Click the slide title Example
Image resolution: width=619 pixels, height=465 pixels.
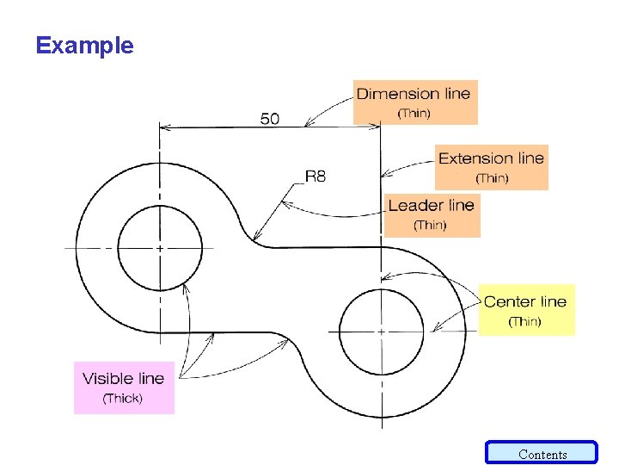(85, 46)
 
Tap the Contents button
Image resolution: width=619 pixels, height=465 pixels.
(542, 454)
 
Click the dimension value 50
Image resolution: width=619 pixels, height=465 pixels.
(270, 118)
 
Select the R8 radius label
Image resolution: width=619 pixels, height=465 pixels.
(316, 177)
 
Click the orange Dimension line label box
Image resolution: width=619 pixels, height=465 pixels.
(414, 102)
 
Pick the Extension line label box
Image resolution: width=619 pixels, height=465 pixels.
(491, 167)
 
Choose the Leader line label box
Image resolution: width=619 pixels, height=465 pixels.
(431, 214)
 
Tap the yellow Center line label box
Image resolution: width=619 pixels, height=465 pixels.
(525, 310)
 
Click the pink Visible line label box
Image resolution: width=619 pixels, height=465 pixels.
(124, 387)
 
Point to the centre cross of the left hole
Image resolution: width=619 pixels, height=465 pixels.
(160, 248)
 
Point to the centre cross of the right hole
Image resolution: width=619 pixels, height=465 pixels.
(381, 331)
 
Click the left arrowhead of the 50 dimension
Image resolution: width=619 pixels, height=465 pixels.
(164, 127)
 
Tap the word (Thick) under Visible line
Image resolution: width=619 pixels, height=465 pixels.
(123, 399)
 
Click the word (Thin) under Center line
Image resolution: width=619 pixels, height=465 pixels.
(524, 321)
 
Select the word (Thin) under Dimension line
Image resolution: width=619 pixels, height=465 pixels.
(414, 114)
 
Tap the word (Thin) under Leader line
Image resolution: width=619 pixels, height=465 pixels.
(430, 226)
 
